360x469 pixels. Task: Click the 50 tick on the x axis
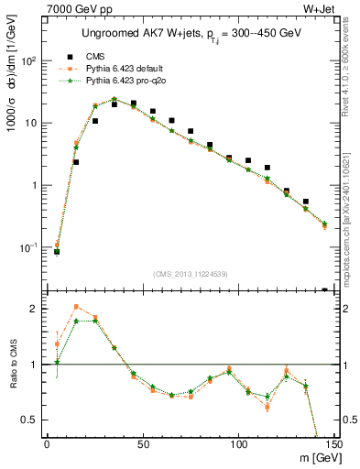pos(143,444)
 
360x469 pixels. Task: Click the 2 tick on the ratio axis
pos(35,309)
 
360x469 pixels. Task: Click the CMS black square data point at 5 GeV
pos(57,252)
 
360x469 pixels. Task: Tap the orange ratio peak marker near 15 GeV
pos(76,307)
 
